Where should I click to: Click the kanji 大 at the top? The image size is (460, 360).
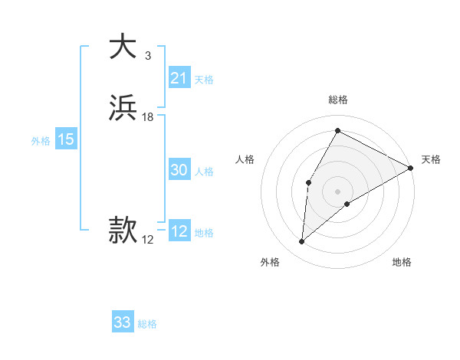coord(123,47)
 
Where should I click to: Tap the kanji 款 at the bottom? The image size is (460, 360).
coord(123,230)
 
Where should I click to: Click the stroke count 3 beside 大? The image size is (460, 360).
coord(147,56)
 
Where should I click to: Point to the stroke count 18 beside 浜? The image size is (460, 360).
coord(148,117)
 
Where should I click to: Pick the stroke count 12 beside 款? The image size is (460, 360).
coord(148,240)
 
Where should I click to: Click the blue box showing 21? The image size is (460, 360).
coord(179,78)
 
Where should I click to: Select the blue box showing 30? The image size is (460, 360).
coord(179,170)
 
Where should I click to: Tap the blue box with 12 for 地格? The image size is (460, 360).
coord(179,231)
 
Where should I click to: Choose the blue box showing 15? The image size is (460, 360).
coord(66,139)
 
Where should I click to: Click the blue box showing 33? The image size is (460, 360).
coord(123,322)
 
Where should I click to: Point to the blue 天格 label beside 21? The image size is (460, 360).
coord(204,79)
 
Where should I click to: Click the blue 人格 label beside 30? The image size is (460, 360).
coord(205,171)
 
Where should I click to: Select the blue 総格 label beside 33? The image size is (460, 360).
coord(147,324)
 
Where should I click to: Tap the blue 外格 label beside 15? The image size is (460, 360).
coord(41,140)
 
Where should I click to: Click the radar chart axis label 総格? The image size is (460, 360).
coord(337,100)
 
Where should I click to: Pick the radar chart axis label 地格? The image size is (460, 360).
coord(402,262)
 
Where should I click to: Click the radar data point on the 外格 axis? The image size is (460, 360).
coord(301,242)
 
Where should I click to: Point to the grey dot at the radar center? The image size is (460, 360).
coord(337,191)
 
